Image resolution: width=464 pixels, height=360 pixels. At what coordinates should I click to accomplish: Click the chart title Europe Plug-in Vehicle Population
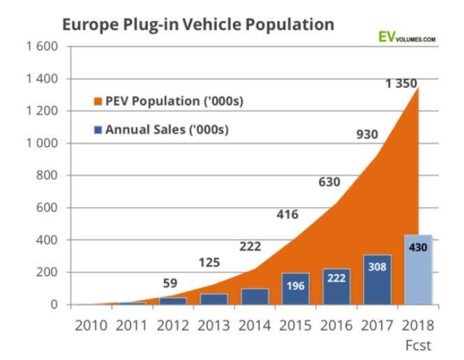click(198, 25)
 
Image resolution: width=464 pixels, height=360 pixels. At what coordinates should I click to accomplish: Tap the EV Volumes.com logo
click(406, 38)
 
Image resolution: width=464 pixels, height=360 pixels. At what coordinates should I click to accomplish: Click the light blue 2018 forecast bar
click(417, 269)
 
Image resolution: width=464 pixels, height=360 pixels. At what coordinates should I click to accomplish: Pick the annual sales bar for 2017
click(376, 279)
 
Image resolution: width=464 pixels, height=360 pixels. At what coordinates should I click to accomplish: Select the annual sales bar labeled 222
click(336, 286)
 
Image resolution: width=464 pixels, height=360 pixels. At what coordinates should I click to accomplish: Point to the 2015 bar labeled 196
click(295, 288)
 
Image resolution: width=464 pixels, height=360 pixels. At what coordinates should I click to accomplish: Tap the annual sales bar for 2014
click(255, 296)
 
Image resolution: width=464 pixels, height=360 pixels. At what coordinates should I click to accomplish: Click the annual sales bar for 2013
click(214, 299)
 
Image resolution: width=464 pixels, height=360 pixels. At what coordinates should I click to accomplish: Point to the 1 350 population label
click(401, 84)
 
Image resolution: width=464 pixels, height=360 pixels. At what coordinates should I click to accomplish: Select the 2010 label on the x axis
click(91, 327)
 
